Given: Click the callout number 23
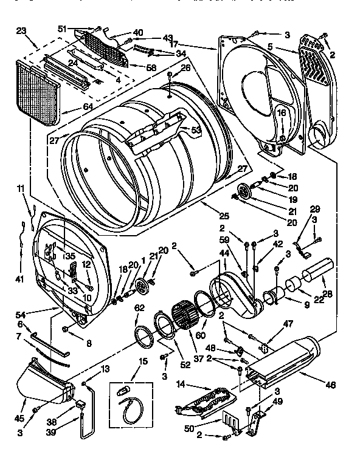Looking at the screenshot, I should click(21, 30).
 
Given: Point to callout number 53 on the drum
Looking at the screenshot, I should click(196, 129).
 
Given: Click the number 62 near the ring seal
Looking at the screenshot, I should click(139, 307).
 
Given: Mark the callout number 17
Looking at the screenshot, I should click(174, 44).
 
